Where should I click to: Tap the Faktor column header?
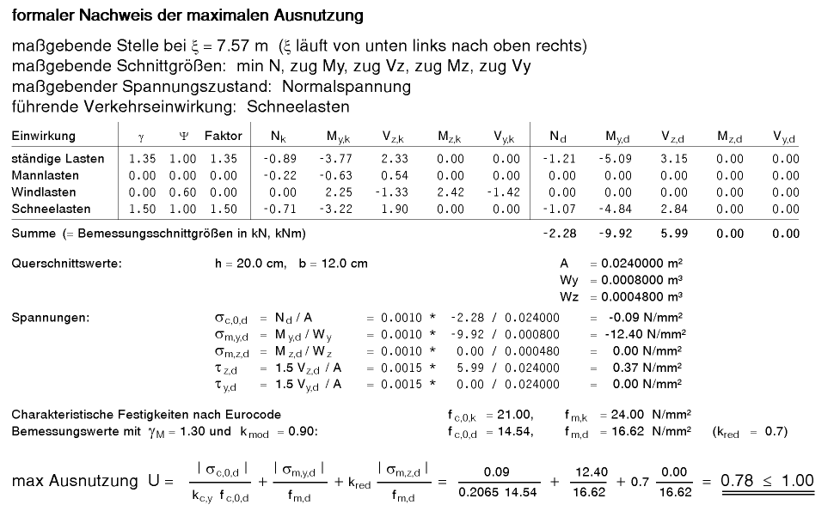(223, 137)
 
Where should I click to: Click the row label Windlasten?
(44, 192)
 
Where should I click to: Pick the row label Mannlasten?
(45, 175)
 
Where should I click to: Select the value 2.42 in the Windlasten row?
(451, 192)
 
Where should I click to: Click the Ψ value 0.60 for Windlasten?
(183, 192)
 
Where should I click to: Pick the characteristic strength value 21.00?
(516, 415)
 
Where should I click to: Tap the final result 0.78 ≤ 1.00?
(767, 480)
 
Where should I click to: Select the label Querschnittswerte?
(66, 264)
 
